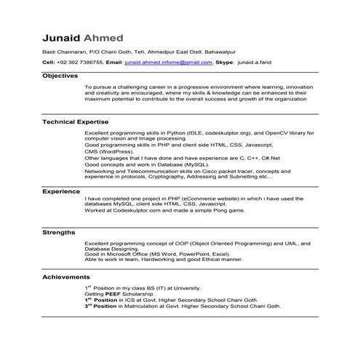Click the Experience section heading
tap(61, 191)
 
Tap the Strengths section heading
tap(59, 233)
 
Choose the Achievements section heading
tap(66, 277)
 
